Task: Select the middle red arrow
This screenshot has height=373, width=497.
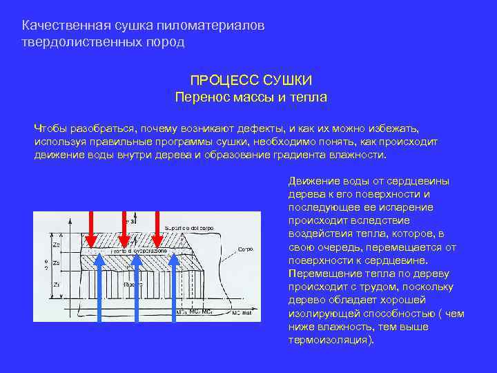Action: (x=125, y=228)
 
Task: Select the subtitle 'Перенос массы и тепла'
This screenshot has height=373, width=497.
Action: (x=251, y=97)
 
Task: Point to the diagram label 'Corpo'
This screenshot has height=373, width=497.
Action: (x=246, y=247)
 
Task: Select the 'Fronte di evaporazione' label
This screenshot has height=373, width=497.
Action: (x=139, y=252)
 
